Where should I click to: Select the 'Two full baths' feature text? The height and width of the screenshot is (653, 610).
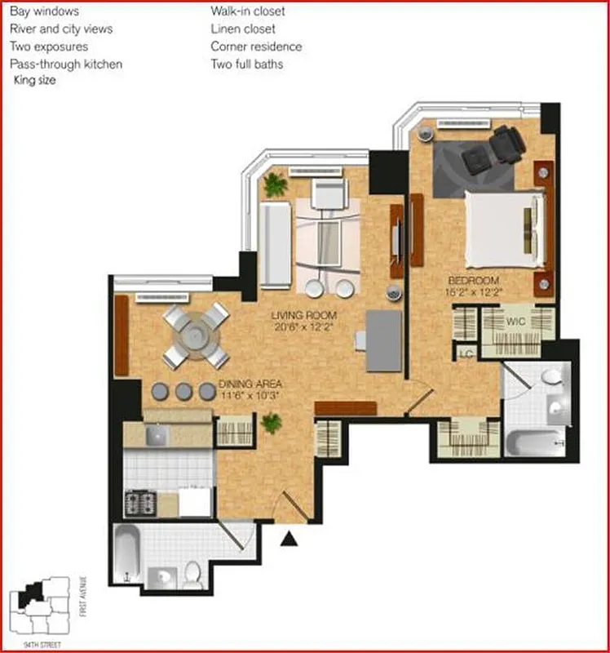(x=247, y=64)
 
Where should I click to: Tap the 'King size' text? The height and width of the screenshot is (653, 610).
(x=35, y=80)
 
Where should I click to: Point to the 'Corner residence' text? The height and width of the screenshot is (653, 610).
(x=255, y=47)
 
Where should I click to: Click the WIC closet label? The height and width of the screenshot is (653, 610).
(x=515, y=321)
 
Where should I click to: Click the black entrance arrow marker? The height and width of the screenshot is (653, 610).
(x=287, y=538)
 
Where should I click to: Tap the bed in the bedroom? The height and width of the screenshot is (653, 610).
(x=503, y=229)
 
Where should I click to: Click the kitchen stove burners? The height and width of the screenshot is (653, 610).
(x=139, y=503)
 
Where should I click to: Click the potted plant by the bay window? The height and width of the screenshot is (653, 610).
(x=275, y=185)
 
